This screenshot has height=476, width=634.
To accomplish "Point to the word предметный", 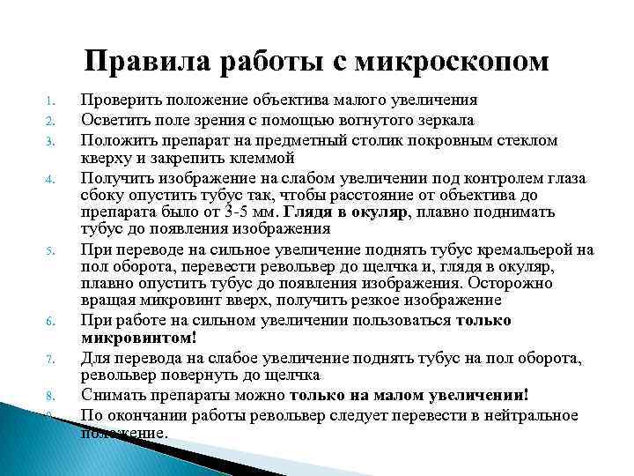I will coord(290,139).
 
